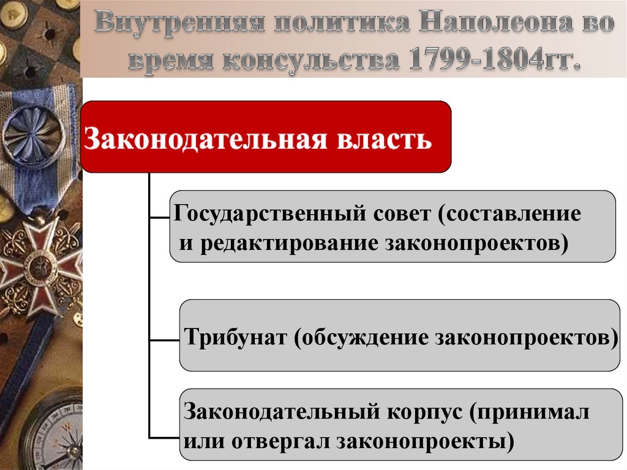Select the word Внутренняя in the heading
pyautogui.click(x=178, y=25)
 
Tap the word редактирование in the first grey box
pyautogui.click(x=288, y=241)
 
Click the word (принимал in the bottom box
pyautogui.click(x=530, y=412)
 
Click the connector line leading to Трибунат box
pyautogui.click(x=164, y=338)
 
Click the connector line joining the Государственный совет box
pyautogui.click(x=159, y=216)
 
